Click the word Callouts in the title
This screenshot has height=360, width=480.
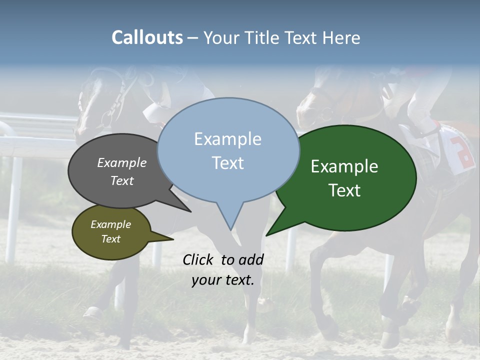click(x=147, y=38)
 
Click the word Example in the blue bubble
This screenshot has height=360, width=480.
click(x=227, y=139)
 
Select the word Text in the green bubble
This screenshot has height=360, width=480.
click(x=344, y=190)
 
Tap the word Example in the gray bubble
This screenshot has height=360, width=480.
click(x=121, y=162)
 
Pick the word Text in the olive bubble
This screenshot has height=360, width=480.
click(x=110, y=239)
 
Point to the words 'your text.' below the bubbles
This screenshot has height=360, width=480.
click(x=222, y=280)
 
